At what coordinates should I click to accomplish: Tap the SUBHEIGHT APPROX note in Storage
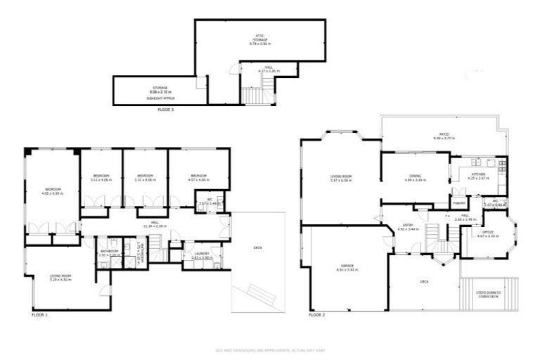click(158, 98)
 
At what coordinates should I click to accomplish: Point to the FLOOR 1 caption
click(40, 316)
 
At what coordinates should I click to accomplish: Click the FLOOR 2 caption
click(317, 316)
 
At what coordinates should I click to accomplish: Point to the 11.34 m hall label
click(155, 225)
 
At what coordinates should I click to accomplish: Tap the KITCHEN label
click(477, 176)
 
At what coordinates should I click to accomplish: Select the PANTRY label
click(460, 203)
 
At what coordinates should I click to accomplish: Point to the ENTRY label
click(408, 226)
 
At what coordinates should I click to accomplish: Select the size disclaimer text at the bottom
click(269, 349)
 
